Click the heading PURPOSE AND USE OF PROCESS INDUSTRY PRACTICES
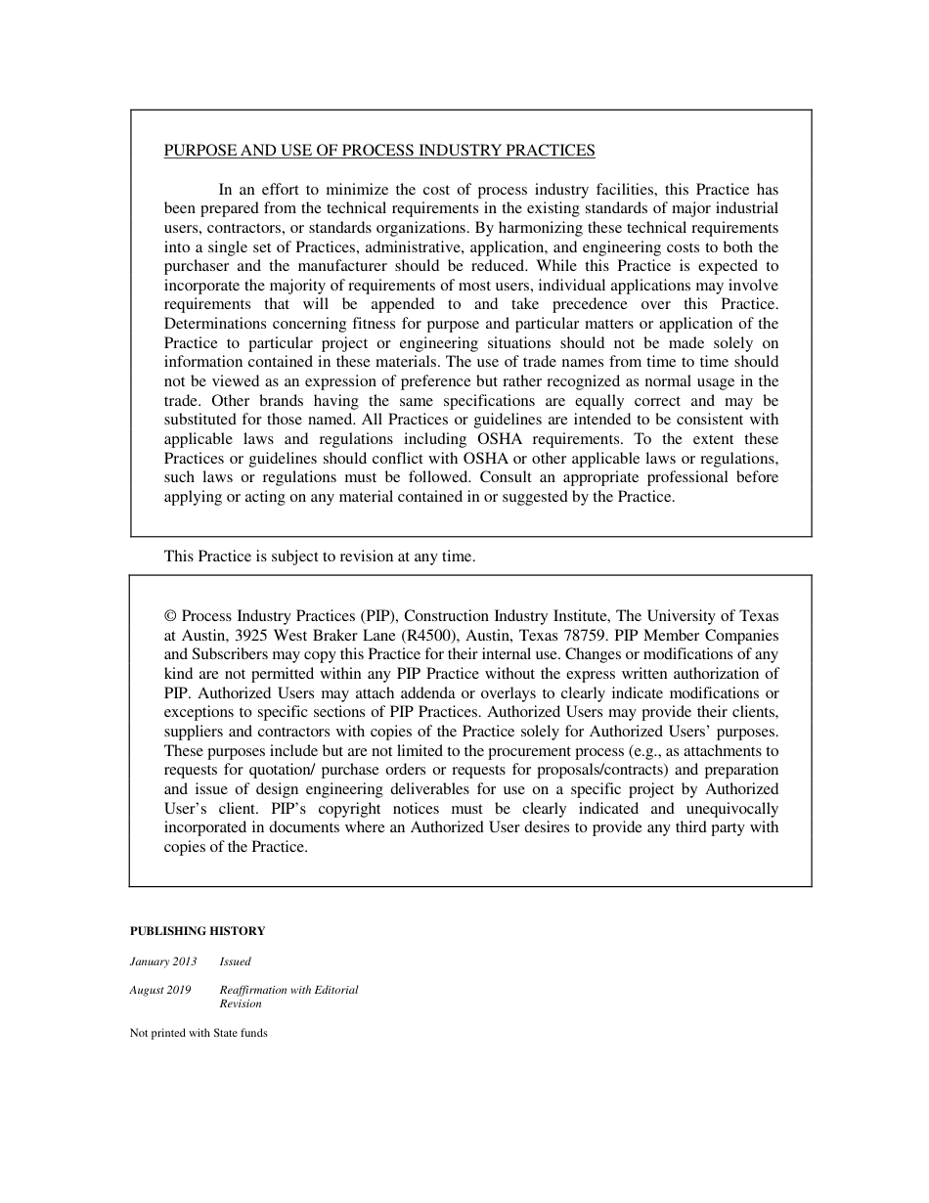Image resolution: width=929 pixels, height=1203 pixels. [x=379, y=151]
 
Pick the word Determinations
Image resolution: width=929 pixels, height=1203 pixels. [x=212, y=324]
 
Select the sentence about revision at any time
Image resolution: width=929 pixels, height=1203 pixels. [x=320, y=557]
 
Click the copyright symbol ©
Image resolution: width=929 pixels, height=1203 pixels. [x=170, y=616]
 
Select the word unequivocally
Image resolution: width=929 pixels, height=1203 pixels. [x=729, y=809]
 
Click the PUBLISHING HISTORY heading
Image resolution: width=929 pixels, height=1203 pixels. [x=198, y=931]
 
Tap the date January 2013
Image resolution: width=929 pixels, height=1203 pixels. [x=163, y=961]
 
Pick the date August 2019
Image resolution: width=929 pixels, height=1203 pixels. [x=160, y=990]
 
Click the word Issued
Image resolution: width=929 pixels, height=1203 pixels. [x=235, y=961]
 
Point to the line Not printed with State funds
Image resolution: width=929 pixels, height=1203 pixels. [x=199, y=1033]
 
